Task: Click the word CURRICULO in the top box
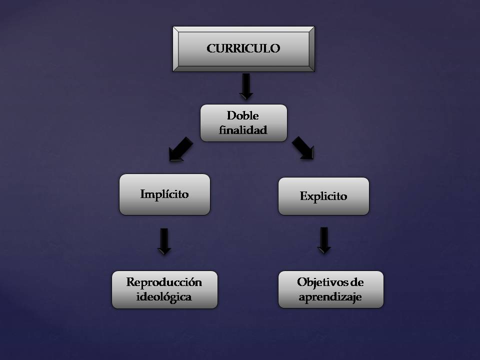tap(243, 48)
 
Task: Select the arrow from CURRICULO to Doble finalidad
tap(246, 86)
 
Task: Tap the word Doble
tap(243, 115)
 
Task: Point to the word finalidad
tap(243, 130)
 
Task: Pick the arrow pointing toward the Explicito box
tap(303, 148)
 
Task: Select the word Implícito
tap(164, 194)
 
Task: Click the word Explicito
tap(323, 196)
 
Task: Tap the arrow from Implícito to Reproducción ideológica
tap(164, 241)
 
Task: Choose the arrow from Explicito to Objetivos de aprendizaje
tap(324, 240)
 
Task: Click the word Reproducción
tap(164, 282)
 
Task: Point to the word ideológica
tap(164, 297)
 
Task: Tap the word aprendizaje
tap(330, 297)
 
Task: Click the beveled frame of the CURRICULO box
tap(176, 48)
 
